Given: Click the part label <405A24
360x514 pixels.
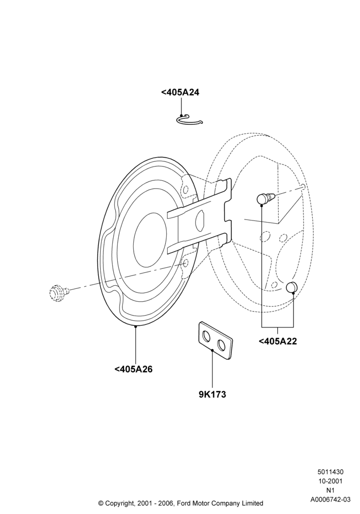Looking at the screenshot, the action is [180, 93].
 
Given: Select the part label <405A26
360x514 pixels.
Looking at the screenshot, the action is [133, 369].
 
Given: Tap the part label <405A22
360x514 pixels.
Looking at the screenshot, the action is [278, 341].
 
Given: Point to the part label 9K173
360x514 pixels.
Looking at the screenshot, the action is [212, 394].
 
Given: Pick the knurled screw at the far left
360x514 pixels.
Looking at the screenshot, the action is [59, 292].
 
